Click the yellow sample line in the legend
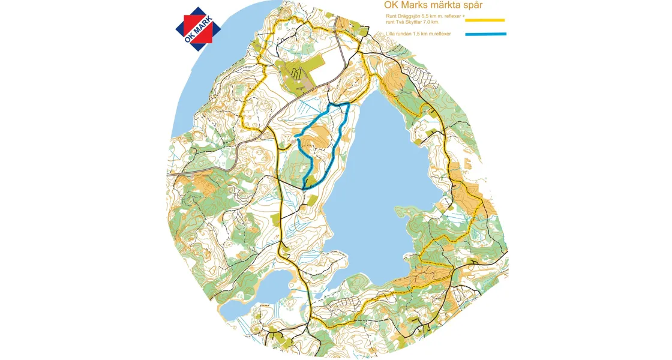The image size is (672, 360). (485, 20)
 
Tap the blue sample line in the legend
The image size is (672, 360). (485, 34)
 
